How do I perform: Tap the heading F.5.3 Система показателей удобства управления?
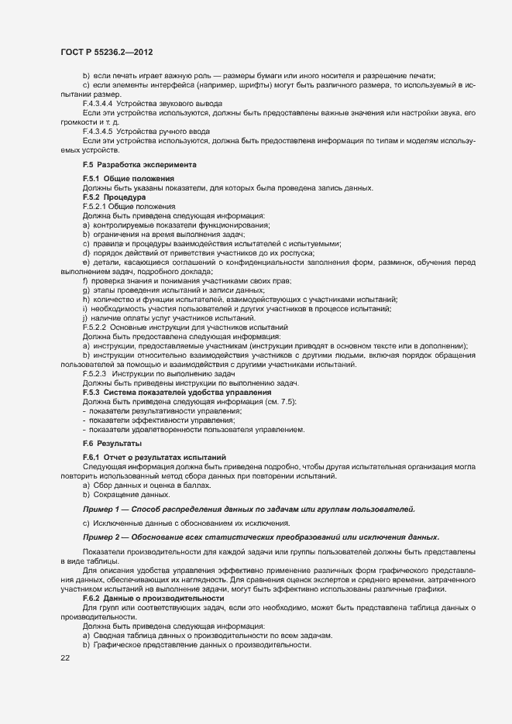tap(172, 393)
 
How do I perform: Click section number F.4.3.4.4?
tap(98, 103)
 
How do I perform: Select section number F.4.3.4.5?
tap(98, 131)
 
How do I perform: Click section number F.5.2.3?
tap(94, 374)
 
